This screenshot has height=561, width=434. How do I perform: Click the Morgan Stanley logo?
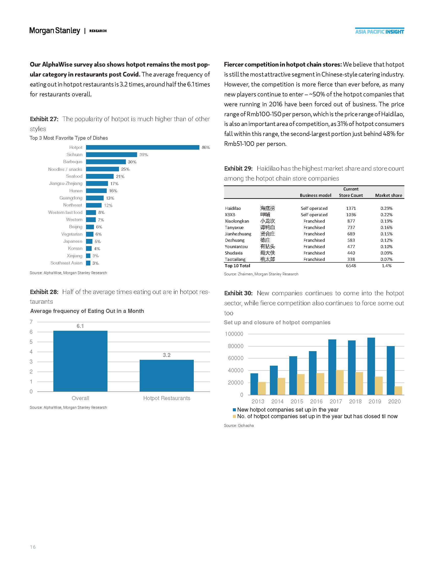point(55,31)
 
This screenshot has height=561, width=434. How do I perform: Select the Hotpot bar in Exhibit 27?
point(142,147)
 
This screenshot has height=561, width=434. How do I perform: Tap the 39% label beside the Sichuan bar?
point(144,155)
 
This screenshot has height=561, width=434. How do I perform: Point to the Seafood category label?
point(74,176)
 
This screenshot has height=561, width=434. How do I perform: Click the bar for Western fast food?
point(91,212)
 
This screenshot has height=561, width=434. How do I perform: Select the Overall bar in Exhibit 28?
point(80,361)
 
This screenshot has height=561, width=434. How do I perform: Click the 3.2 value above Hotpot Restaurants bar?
point(167,355)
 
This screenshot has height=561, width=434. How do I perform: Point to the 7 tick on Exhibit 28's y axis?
point(31,322)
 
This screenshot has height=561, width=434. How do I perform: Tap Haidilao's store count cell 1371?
point(351,208)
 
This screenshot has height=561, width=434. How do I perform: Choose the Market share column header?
point(389,195)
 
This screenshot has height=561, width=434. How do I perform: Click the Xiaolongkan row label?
point(237,221)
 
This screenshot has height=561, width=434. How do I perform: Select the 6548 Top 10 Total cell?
point(351,266)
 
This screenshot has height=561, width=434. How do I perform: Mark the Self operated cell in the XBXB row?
point(314,215)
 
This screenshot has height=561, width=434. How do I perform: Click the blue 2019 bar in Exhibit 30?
point(371,366)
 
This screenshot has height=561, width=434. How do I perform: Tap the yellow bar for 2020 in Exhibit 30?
point(398,390)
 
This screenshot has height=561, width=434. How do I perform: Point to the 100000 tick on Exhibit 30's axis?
point(234,334)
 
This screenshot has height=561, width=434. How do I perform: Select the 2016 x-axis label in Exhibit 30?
point(316,401)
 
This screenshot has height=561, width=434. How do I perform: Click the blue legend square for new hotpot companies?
point(234,410)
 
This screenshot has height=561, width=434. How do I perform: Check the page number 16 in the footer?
point(33,547)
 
